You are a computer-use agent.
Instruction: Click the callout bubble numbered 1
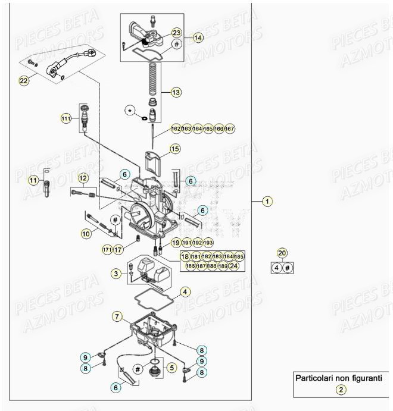267,202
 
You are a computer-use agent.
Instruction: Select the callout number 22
24,81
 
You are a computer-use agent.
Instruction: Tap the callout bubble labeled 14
198,37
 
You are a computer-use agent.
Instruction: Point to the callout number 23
176,32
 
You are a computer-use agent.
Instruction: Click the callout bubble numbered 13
176,92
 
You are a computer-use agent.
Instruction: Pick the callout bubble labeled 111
66,119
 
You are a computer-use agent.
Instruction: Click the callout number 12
83,178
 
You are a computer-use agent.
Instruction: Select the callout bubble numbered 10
86,234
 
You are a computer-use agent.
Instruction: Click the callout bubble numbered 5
171,368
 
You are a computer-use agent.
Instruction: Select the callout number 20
283,253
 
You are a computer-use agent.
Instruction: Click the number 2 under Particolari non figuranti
340,390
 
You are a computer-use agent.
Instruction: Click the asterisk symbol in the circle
130,110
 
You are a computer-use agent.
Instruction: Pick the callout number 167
230,128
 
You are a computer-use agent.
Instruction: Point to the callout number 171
107,249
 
